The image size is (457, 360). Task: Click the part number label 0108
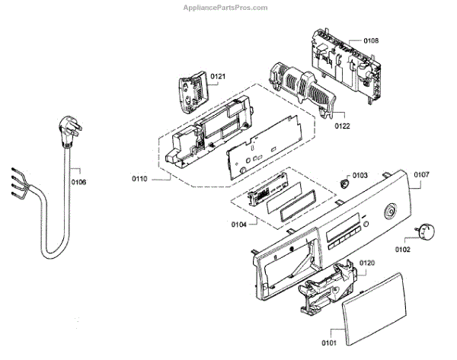(370, 40)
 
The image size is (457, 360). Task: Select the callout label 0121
(219, 76)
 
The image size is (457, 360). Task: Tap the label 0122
(340, 126)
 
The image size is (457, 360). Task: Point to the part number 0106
(78, 182)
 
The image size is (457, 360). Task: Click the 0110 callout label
(139, 180)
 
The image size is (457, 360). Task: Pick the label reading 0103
(360, 175)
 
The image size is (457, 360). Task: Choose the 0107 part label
(422, 174)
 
